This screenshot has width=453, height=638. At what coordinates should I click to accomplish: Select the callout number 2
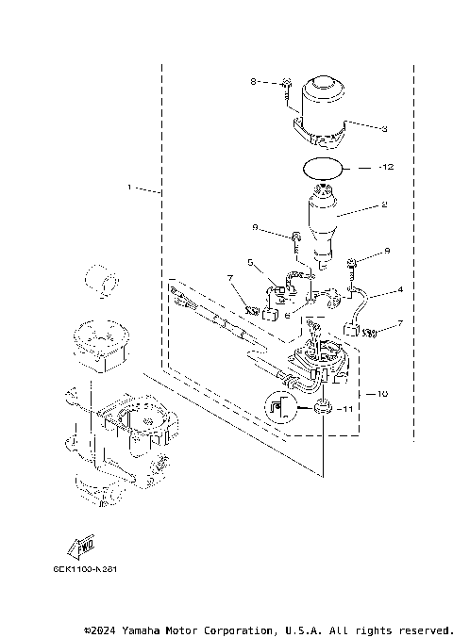point(384,204)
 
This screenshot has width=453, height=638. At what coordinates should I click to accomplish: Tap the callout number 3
point(384,127)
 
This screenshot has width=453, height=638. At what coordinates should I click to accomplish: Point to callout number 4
point(400,289)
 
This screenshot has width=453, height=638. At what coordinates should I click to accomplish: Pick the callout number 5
point(250,262)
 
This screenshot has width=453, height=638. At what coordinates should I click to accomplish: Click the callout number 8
point(253,83)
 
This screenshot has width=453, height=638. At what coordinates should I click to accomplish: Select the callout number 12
point(385,167)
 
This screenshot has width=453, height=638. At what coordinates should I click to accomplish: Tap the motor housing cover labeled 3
point(321,113)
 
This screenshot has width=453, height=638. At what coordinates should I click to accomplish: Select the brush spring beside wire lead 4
point(371,332)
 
